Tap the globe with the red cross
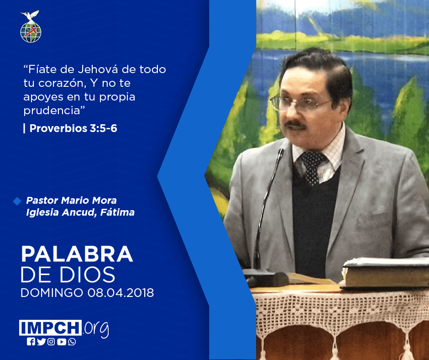(31, 32)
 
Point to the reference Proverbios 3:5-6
(73, 128)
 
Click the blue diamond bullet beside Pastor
(17, 201)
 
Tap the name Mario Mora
(89, 200)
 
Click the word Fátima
(117, 212)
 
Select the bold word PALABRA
(77, 254)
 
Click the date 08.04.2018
(120, 293)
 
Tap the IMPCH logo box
(50, 328)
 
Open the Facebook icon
(31, 342)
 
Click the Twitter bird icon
(41, 342)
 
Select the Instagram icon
(51, 342)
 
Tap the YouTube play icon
(62, 342)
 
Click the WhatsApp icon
(72, 342)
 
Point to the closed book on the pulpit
(385, 273)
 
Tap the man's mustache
(295, 125)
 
